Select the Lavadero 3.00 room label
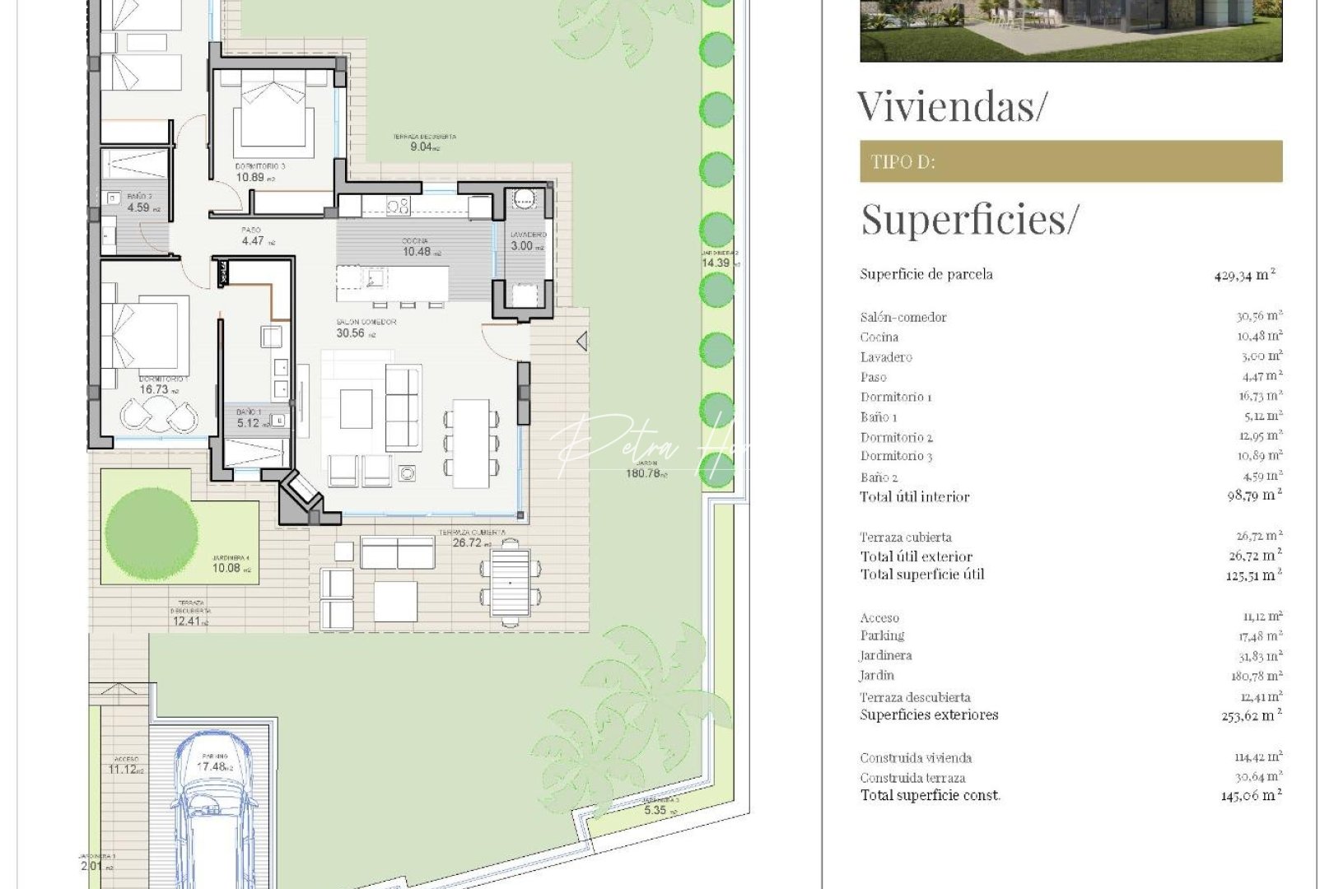tap(527, 242)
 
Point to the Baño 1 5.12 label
tap(248, 418)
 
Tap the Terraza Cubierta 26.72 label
tap(472, 538)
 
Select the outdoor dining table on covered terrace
tap(510, 582)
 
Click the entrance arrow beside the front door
tap(582, 340)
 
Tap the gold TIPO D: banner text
tap(903, 162)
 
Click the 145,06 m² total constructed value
tap(1250, 796)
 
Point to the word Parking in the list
tap(882, 635)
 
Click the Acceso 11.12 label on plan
tap(125, 766)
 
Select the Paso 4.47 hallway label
tap(253, 237)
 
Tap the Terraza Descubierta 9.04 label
tap(423, 142)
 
